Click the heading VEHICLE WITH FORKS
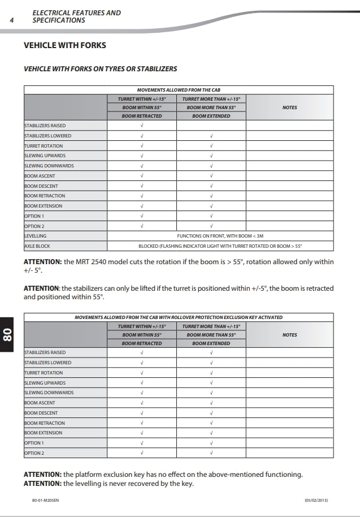(x=65, y=45)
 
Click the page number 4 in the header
(x=12, y=20)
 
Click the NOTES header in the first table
(x=289, y=107)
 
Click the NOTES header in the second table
(x=289, y=335)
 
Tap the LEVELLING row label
(x=36, y=236)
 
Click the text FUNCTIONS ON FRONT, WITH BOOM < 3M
(x=220, y=236)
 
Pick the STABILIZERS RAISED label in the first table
(x=45, y=126)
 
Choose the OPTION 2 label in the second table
(x=34, y=453)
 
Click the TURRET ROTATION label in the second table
(x=44, y=373)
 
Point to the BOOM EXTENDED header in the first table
(x=211, y=116)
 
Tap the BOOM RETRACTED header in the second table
(x=141, y=343)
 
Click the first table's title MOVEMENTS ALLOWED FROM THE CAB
(x=179, y=90)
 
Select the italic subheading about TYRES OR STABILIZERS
(x=100, y=69)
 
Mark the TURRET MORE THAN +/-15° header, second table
(x=211, y=326)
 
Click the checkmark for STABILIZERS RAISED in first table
(x=141, y=126)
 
